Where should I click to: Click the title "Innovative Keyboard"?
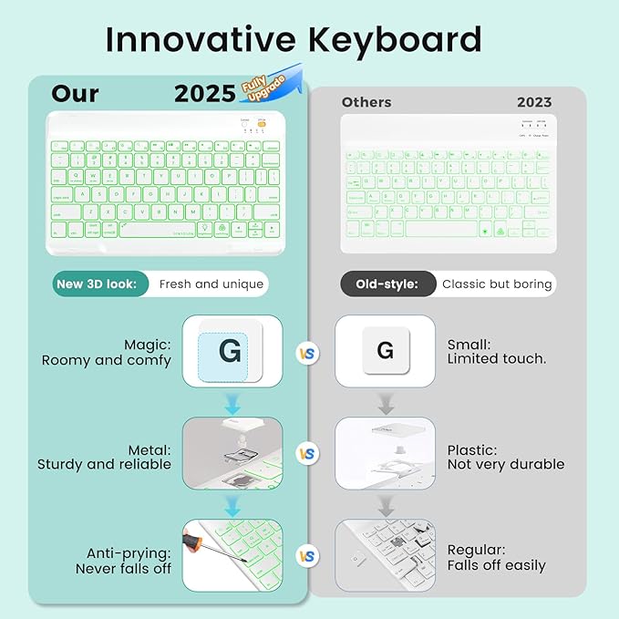[293, 40]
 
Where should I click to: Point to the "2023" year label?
[533, 102]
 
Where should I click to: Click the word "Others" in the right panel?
[366, 102]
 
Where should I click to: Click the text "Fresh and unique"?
[211, 284]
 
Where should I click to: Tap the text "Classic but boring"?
[497, 284]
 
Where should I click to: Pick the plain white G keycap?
[385, 351]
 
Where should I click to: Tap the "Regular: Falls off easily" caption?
[496, 557]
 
